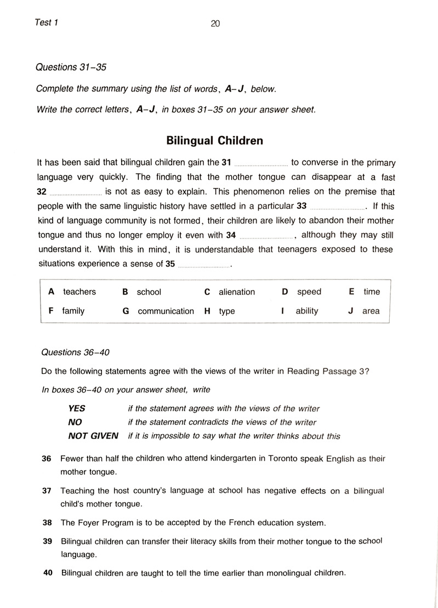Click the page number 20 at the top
click(x=215, y=23)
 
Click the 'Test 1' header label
click(x=47, y=22)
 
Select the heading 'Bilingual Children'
click(x=214, y=141)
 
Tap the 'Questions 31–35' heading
click(x=71, y=67)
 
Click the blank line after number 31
click(x=260, y=164)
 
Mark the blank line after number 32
click(x=76, y=193)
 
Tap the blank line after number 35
click(x=204, y=265)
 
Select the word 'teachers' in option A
click(x=79, y=292)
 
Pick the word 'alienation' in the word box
click(x=237, y=292)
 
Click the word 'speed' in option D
click(x=309, y=292)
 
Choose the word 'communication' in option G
click(x=166, y=311)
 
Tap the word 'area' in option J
click(x=371, y=311)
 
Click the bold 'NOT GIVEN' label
click(x=93, y=436)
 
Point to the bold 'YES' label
click(x=77, y=408)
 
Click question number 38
click(x=47, y=522)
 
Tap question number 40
click(x=47, y=573)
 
